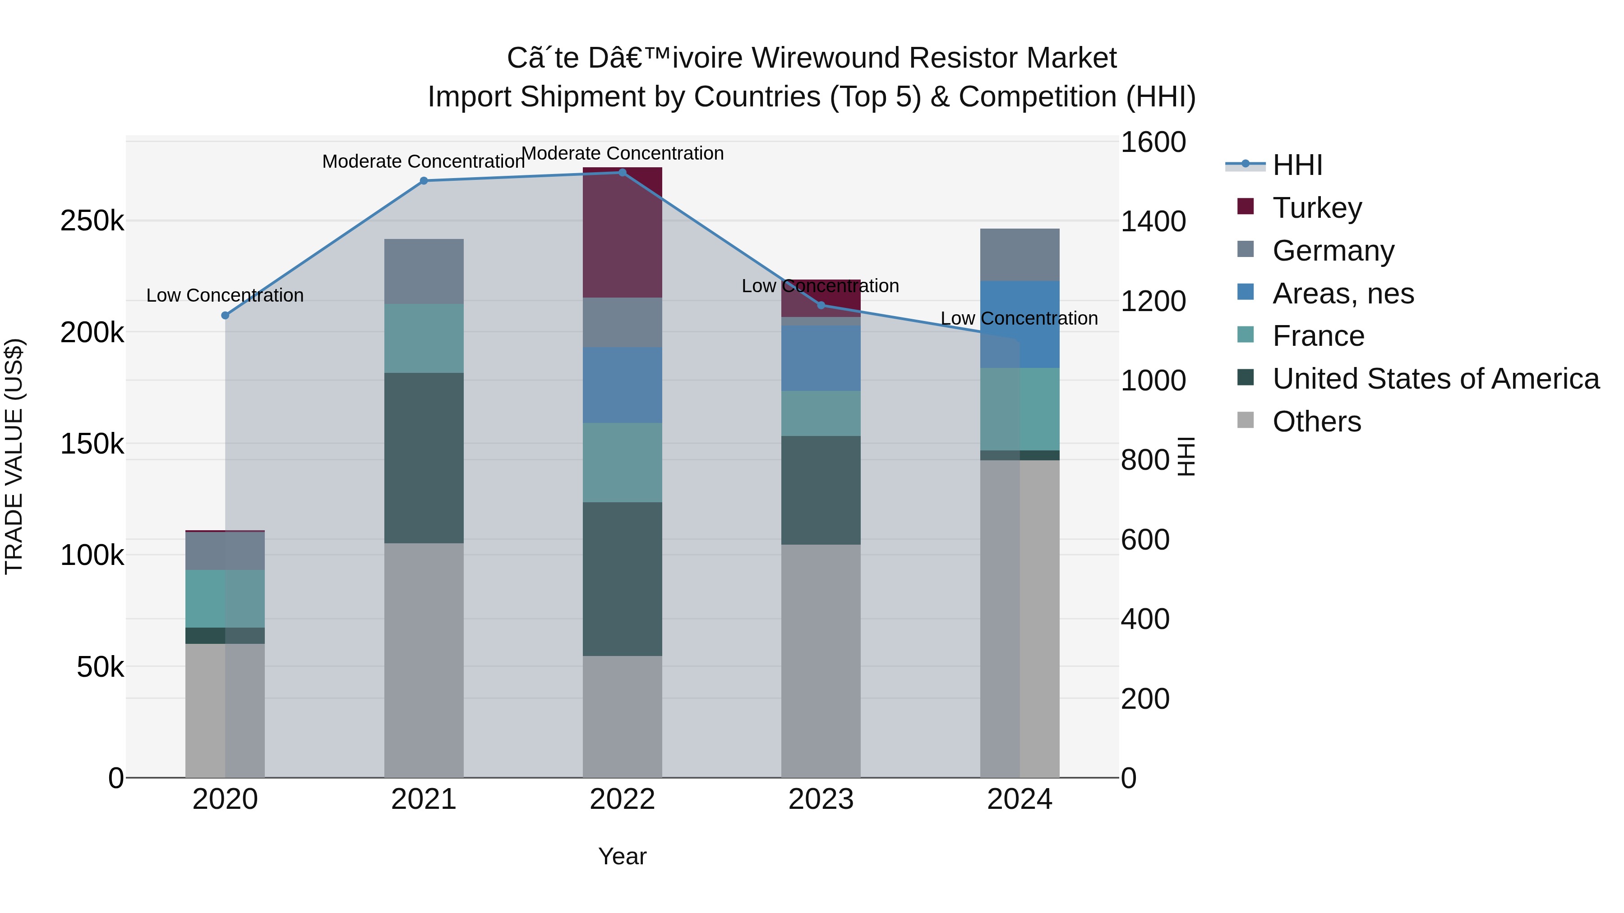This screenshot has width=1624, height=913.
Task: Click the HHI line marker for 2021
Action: (424, 181)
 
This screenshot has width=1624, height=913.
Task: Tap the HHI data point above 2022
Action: (622, 173)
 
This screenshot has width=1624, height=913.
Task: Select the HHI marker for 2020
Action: (225, 315)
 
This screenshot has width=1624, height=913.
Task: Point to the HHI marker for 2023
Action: (821, 305)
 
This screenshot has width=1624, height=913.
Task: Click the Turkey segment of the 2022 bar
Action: (622, 233)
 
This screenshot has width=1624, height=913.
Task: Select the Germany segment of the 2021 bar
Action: (424, 271)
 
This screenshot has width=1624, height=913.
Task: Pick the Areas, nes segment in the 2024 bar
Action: (1020, 325)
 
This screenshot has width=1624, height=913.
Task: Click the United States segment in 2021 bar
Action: (424, 458)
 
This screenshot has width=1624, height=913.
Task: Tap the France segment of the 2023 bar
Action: (821, 413)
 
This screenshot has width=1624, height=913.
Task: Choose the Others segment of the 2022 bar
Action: (622, 716)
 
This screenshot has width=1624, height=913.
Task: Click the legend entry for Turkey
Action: (1316, 208)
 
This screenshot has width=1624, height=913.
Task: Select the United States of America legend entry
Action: (1435, 379)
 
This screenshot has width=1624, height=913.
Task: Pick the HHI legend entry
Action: (1297, 165)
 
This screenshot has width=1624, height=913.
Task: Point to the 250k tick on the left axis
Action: (92, 221)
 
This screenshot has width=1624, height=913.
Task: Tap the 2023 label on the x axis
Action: (821, 799)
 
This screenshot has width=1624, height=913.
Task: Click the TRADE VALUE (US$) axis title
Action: (14, 457)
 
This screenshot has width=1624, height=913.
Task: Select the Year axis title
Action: (622, 856)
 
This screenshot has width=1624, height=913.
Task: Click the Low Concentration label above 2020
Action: (225, 295)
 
